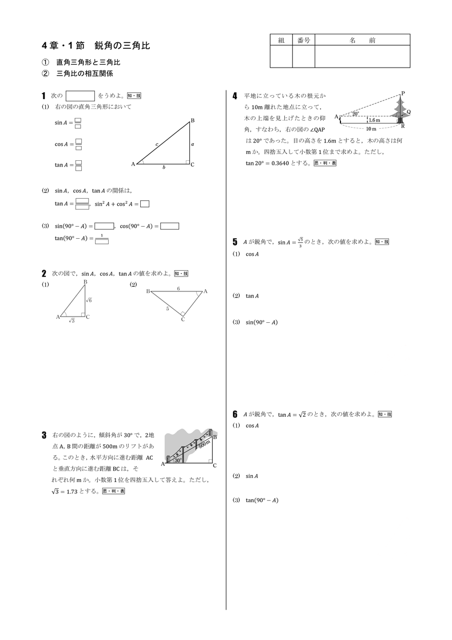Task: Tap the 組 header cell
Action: (x=281, y=40)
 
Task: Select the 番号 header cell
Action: (x=304, y=40)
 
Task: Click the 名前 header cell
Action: (x=363, y=40)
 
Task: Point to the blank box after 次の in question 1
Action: (x=80, y=96)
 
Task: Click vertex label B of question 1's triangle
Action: (x=192, y=120)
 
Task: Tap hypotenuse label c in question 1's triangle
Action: (x=156, y=144)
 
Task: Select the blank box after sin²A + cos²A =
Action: (x=145, y=203)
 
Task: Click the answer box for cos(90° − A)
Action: (x=170, y=226)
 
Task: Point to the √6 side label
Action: (x=89, y=300)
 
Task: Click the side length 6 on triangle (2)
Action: (x=178, y=289)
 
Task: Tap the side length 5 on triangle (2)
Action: (x=167, y=309)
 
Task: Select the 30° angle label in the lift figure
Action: (x=178, y=460)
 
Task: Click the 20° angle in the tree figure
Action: (x=355, y=114)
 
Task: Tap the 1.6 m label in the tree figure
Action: (x=374, y=120)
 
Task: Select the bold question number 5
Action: (x=235, y=242)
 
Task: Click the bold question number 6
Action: (x=235, y=414)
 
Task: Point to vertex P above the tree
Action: (x=403, y=93)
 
